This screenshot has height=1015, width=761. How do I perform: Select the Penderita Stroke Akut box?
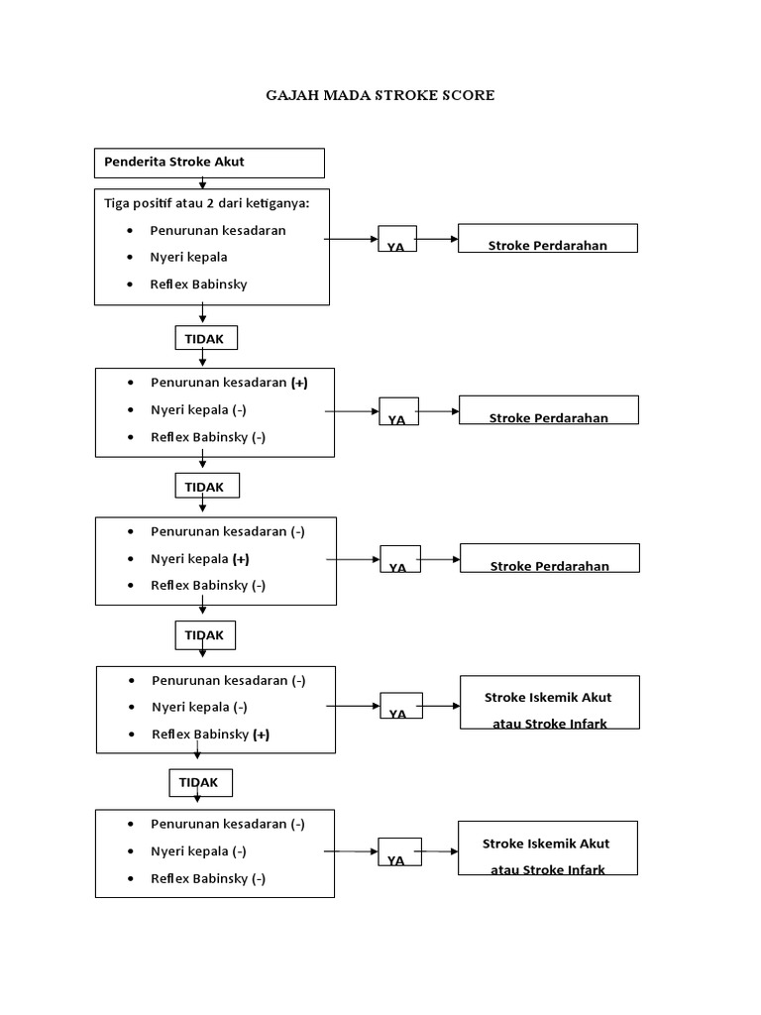[x=209, y=163]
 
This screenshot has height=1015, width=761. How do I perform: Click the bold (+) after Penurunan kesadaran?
[x=299, y=383]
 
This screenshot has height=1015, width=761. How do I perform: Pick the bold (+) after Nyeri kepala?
[x=241, y=559]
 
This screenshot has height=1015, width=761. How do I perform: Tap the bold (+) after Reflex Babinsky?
[x=261, y=734]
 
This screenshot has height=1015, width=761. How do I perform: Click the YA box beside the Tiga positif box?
[x=396, y=240]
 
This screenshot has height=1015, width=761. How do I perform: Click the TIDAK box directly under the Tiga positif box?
[x=205, y=339]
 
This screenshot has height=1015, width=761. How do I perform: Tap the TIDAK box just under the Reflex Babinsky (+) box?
[x=199, y=783]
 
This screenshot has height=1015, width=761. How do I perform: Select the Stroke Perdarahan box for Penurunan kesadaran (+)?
[x=548, y=410]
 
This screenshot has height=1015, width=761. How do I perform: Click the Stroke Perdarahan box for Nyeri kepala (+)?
[x=550, y=558]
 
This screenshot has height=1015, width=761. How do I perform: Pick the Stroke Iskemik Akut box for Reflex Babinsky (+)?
[x=549, y=703]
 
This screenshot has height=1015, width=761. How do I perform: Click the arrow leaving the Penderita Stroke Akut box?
[x=203, y=182]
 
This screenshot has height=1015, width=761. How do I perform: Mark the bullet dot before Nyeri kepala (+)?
[x=131, y=559]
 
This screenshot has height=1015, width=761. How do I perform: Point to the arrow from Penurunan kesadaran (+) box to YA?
[x=352, y=410]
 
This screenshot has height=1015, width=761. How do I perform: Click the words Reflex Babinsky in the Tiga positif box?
[x=198, y=284]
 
